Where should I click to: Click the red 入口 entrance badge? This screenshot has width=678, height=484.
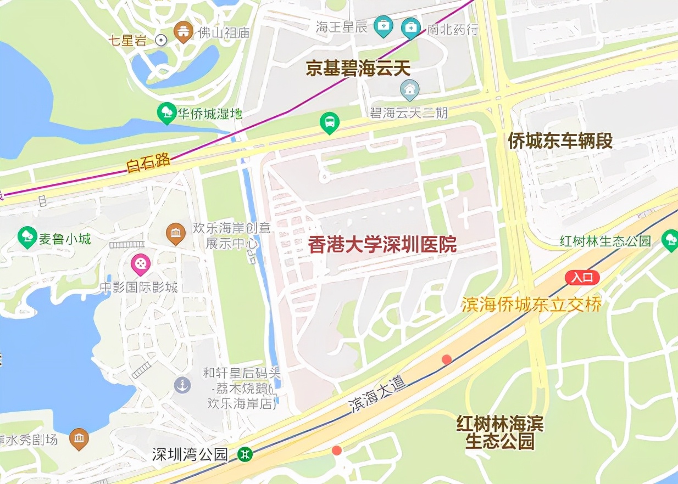(582, 277)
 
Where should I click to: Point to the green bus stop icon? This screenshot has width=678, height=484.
(329, 123)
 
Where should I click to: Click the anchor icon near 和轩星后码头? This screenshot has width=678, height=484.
(182, 385)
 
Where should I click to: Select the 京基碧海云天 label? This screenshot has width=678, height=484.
(358, 69)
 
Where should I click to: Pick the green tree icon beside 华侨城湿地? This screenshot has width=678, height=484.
(165, 114)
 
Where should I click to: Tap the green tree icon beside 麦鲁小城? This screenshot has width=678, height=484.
(26, 238)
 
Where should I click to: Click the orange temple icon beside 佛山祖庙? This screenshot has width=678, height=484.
(183, 32)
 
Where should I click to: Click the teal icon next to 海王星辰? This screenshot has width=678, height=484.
(382, 26)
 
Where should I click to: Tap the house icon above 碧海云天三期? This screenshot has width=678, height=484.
(409, 89)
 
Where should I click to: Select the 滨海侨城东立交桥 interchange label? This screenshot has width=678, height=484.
(531, 304)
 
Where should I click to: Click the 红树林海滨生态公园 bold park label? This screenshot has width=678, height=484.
(499, 432)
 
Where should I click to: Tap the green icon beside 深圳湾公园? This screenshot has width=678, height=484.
(245, 454)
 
